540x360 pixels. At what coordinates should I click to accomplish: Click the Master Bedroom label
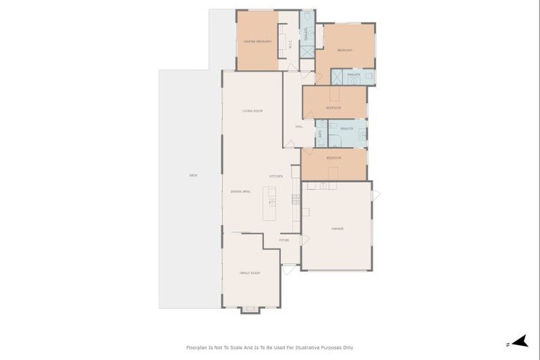pyautogui.click(x=257, y=41)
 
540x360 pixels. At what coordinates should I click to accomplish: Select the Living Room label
pyautogui.click(x=252, y=111)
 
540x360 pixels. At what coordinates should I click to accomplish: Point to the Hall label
pyautogui.click(x=299, y=127)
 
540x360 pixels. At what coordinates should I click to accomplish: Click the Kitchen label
pyautogui.click(x=276, y=176)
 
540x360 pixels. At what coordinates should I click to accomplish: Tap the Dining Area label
pyautogui.click(x=240, y=191)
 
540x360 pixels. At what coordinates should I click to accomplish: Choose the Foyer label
pyautogui.click(x=284, y=240)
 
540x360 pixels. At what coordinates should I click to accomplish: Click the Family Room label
pyautogui.click(x=250, y=273)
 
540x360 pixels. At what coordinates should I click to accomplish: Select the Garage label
pyautogui.click(x=337, y=229)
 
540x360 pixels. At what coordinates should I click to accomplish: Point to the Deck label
pyautogui.click(x=193, y=175)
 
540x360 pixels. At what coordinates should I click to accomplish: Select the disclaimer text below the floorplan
pyautogui.click(x=269, y=347)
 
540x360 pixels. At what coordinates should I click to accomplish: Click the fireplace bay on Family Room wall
pyautogui.click(x=250, y=309)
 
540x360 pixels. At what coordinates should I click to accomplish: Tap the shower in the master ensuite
pyautogui.click(x=307, y=51)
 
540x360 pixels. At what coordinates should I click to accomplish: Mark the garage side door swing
pyautogui.click(x=375, y=194)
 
